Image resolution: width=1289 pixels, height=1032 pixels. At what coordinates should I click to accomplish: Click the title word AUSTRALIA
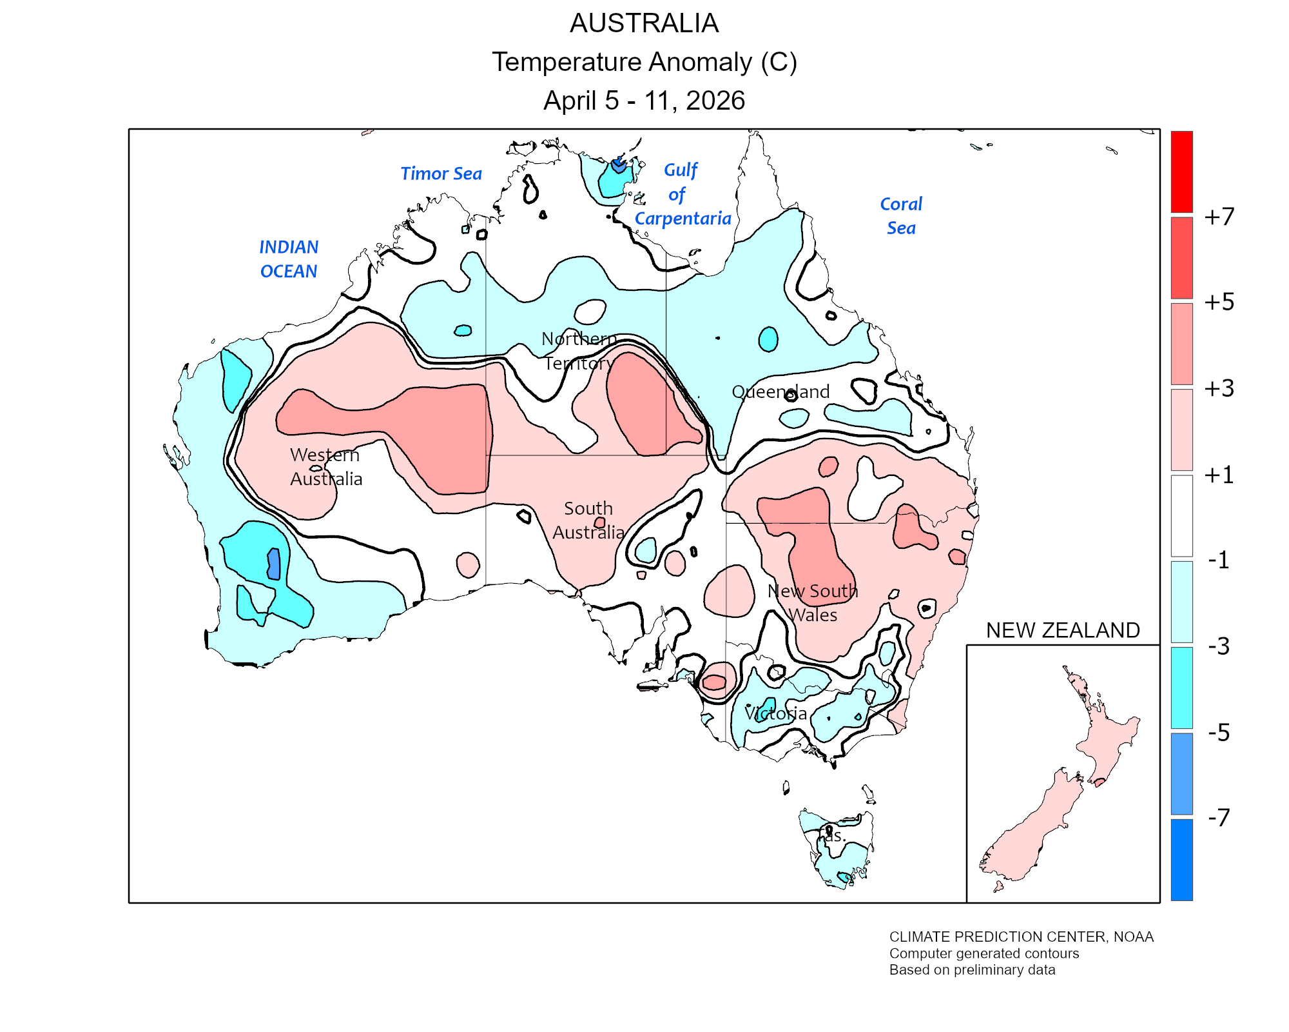coord(644,24)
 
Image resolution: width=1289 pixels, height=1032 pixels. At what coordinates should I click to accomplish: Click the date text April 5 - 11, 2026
coord(644,101)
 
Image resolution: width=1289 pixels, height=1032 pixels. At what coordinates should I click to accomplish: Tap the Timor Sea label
coord(441,174)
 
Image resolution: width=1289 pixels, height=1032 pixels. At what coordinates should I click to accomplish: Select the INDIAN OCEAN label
coord(289,259)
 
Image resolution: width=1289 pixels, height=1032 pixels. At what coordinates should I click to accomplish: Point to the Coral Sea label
coord(901,215)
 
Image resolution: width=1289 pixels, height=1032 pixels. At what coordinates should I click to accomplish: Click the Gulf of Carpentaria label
coord(682,194)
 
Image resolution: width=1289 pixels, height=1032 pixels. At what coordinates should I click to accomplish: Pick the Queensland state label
coord(780,392)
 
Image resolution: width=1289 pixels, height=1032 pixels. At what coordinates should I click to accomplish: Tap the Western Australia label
coord(325,466)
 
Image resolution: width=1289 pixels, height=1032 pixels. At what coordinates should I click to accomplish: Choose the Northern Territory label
coord(578,350)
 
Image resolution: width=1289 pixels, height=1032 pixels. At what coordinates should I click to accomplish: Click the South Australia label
coord(588,520)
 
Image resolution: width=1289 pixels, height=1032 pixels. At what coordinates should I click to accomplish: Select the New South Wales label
coord(813,602)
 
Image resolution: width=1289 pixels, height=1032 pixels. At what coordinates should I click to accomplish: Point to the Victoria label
coord(776,713)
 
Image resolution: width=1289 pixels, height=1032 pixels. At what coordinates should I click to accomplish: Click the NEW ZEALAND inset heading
coord(1063,630)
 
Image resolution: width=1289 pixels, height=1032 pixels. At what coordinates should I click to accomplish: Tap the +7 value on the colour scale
coord(1219,217)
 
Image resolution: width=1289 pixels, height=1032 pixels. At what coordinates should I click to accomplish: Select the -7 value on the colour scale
coord(1219,818)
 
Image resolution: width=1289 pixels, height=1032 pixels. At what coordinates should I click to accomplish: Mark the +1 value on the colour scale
coord(1219,475)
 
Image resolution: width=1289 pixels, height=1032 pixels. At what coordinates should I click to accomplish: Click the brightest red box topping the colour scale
coord(1181,172)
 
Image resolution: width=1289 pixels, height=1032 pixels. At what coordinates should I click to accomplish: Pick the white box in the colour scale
coord(1181,516)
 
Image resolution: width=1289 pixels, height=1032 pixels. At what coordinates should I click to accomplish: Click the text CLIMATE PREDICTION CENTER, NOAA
coord(1021,937)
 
